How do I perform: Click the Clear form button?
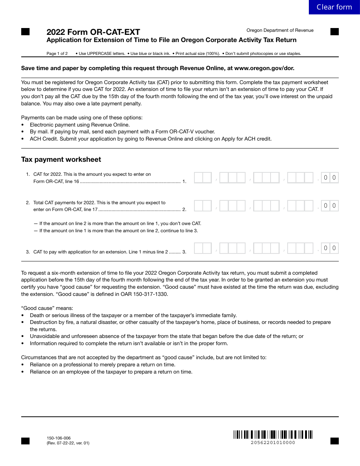tap(334, 7)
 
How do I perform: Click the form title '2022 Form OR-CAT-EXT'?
tap(93, 32)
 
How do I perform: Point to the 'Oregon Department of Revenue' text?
tap(280, 30)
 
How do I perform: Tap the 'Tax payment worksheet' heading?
tap(61, 160)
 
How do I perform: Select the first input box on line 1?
tap(203, 178)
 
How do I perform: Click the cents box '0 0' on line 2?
tap(330, 206)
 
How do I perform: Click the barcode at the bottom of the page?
tap(273, 435)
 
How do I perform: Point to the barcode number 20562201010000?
tap(273, 443)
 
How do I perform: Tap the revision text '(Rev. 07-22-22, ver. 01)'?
tap(68, 443)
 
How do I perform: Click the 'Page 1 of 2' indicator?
tap(57, 53)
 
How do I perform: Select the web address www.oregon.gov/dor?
tap(264, 68)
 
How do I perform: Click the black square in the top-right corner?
tap(334, 32)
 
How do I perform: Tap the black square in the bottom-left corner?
tap(25, 441)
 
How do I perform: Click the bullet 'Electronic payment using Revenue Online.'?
tap(80, 125)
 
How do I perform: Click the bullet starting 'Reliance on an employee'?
tap(111, 372)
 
